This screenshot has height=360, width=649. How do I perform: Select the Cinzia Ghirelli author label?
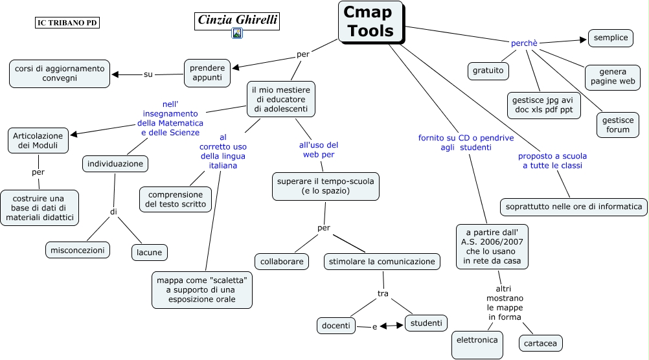coord(237,20)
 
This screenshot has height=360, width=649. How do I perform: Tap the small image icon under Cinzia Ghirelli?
coord(237,34)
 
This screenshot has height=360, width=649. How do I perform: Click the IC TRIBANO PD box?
coord(67,23)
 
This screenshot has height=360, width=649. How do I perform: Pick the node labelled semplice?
coord(610,38)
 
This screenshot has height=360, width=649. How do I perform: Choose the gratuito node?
coord(488,70)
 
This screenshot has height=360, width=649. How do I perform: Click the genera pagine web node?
coord(612,77)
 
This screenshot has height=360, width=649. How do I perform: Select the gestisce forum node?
coord(617,124)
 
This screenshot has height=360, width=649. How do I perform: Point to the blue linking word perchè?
coord(524,43)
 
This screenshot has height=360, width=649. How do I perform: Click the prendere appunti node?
coord(207,73)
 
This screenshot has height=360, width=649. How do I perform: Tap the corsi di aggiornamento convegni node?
coord(60,73)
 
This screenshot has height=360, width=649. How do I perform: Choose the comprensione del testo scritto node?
coord(176,199)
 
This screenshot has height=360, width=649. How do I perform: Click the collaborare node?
coord(282,262)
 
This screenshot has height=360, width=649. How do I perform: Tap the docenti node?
coord(336,325)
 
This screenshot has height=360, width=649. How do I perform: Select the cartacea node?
coord(541,342)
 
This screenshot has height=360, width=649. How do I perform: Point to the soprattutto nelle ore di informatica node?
coord(573,207)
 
